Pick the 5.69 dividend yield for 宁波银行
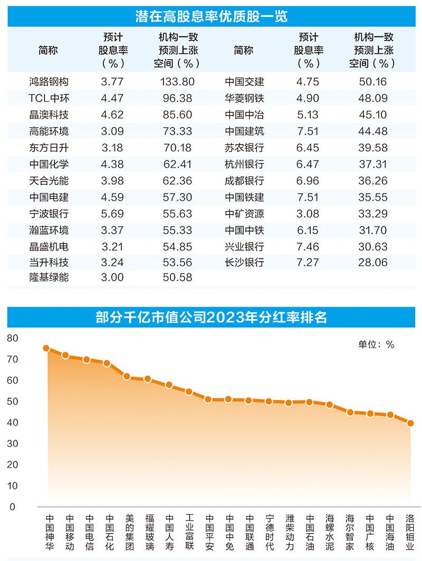[111, 214]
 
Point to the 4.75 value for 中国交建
[308, 82]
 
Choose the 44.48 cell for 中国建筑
[373, 131]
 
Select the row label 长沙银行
[244, 262]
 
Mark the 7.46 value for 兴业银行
[308, 246]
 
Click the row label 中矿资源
[244, 214]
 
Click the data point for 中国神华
[46, 348]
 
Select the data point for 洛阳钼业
[410, 423]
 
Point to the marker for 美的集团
[127, 376]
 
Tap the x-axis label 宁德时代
[269, 533]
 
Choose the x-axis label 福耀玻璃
[149, 533]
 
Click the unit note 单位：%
[376, 345]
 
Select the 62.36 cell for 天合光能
[177, 181]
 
